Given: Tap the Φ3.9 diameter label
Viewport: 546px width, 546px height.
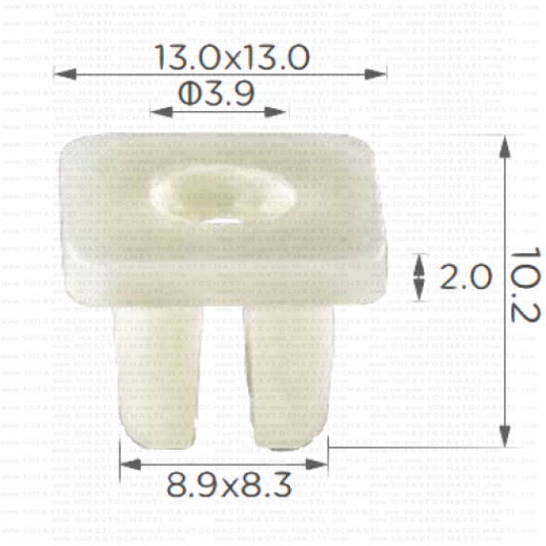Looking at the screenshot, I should click(x=216, y=93).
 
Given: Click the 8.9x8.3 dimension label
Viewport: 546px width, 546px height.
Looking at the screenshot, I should click(x=227, y=486).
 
